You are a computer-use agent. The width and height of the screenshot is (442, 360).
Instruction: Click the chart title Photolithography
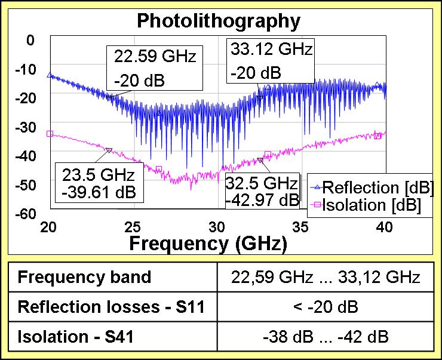pos(218,21)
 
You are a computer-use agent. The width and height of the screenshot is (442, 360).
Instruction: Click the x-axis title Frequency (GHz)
pos(208,244)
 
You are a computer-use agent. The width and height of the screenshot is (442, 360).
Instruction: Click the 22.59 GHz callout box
pos(154,68)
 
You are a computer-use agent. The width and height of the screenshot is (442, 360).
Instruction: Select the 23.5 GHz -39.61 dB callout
pos(99,183)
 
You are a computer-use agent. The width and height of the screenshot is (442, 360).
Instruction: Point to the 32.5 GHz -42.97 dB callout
pos(262,190)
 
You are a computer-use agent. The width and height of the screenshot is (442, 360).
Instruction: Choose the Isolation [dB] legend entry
pos(368,205)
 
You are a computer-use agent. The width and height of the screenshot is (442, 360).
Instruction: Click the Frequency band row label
pos(84,278)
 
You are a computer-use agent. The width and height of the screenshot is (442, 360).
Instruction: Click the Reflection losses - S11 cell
pos(112,307)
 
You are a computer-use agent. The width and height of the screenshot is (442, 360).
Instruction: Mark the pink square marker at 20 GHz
pos(50,134)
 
